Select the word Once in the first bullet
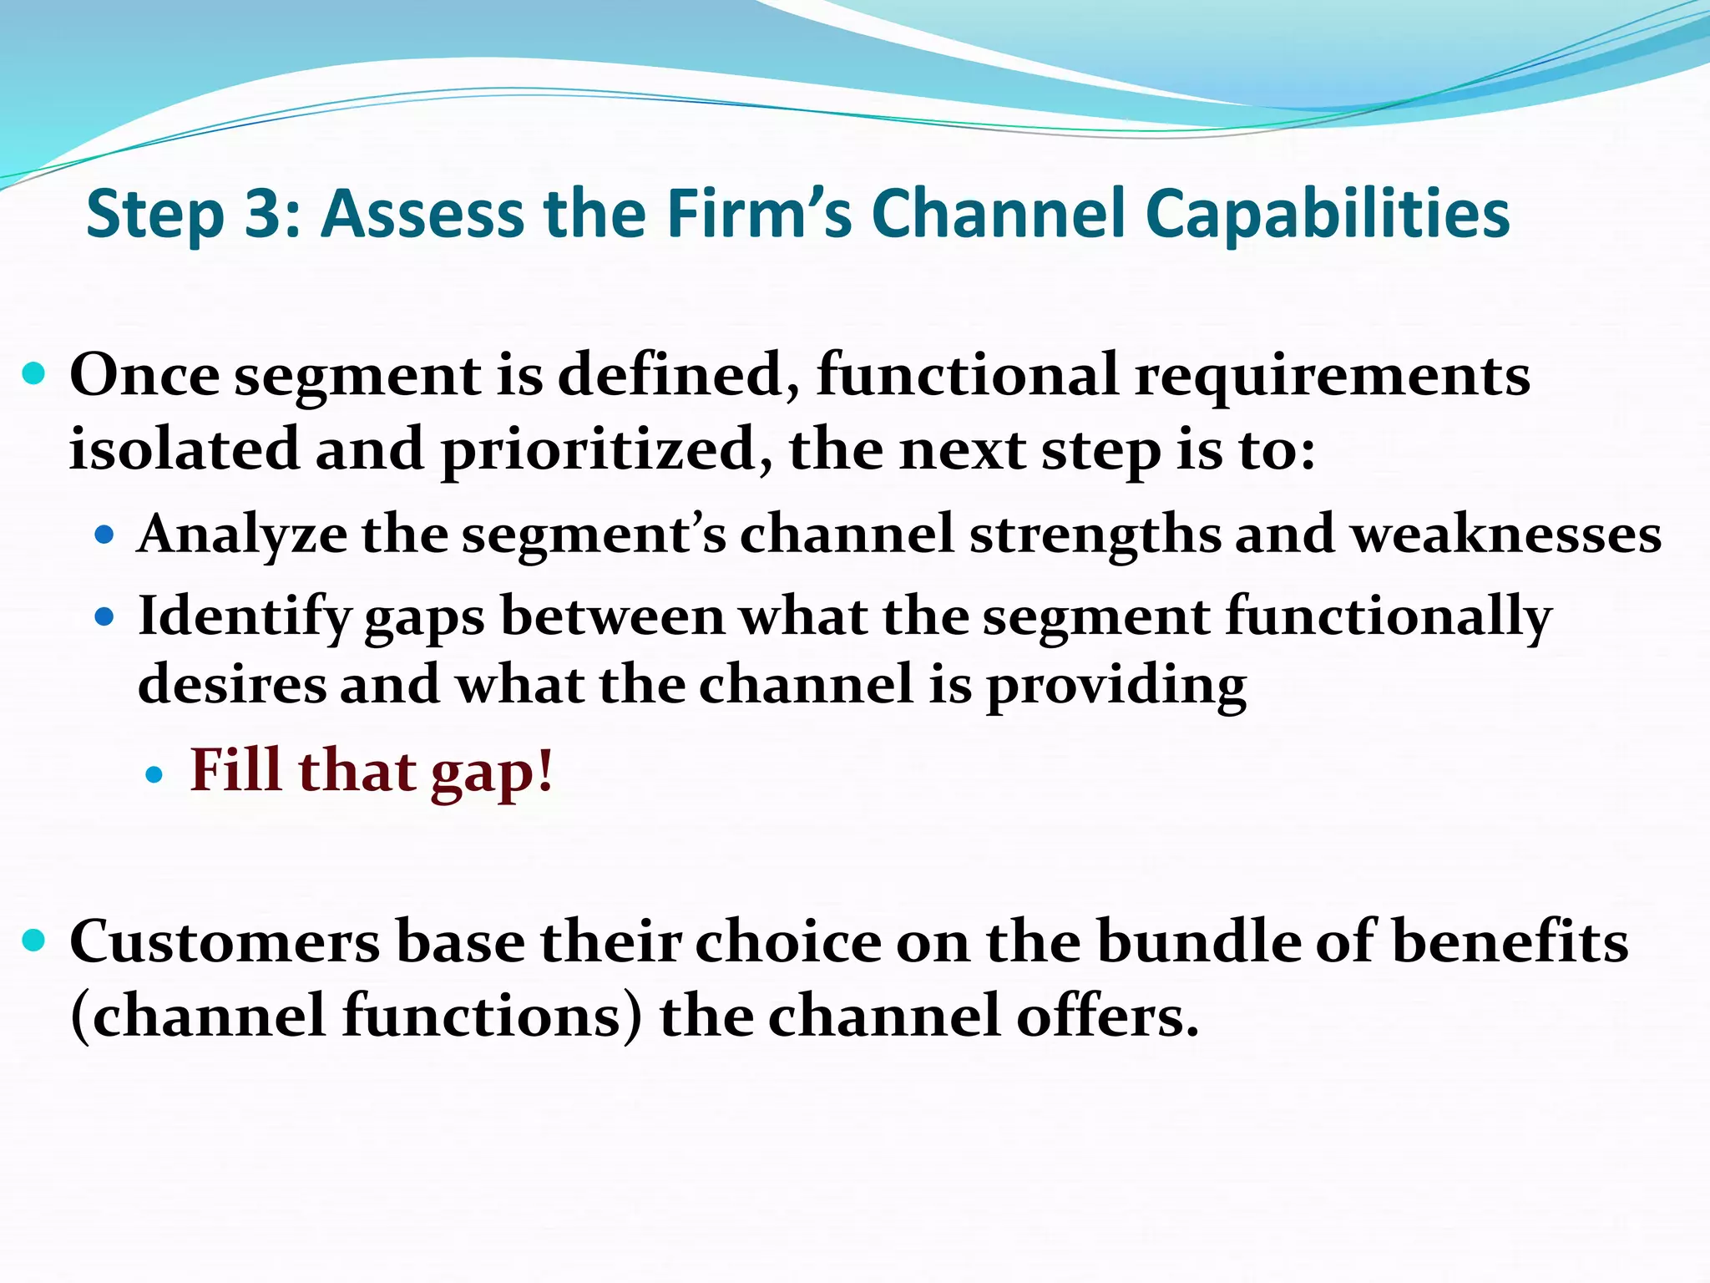(144, 375)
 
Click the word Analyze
(242, 535)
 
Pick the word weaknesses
(1506, 535)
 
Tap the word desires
(231, 685)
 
